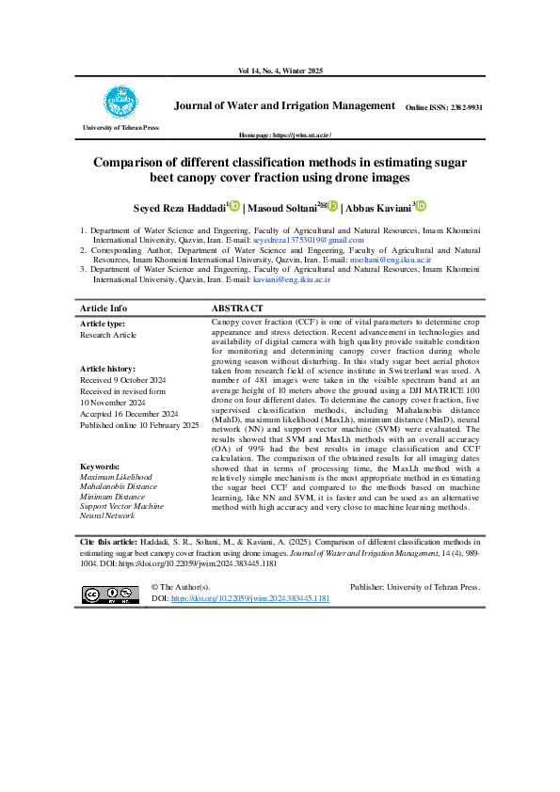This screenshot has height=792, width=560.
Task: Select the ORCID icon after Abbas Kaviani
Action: pyautogui.click(x=422, y=206)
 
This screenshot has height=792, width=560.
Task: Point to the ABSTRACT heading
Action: pyautogui.click(x=236, y=309)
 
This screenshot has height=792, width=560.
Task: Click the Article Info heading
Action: pyautogui.click(x=104, y=309)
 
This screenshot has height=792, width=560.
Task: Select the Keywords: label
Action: pyautogui.click(x=99, y=467)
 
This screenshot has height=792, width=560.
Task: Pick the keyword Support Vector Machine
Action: pyautogui.click(x=121, y=506)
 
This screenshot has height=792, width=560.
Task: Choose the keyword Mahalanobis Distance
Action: pyautogui.click(x=119, y=486)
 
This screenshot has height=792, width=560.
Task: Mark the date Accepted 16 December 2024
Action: pyautogui.click(x=129, y=414)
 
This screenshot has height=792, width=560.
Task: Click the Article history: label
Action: pyautogui.click(x=107, y=369)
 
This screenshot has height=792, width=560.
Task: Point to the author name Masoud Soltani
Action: pyautogui.click(x=284, y=208)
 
